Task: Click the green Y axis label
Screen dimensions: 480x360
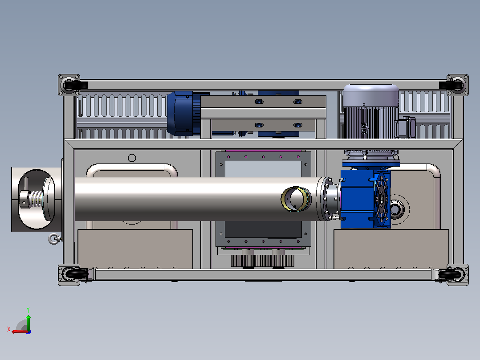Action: click(28, 310)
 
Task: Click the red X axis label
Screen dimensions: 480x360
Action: click(9, 329)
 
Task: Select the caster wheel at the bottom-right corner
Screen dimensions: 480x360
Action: click(450, 274)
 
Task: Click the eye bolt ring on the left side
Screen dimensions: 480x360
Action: click(54, 239)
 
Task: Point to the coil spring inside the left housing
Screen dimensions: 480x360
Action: click(37, 199)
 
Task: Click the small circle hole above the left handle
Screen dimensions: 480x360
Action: click(132, 158)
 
